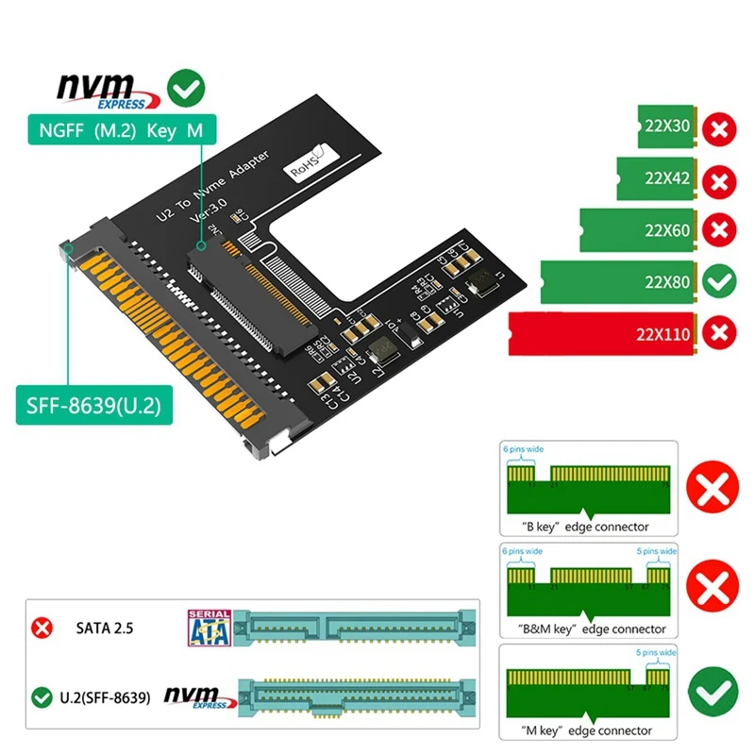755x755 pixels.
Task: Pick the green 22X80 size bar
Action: pos(617,281)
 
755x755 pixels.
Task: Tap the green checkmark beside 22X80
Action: pos(721,281)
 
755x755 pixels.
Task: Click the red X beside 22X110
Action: pos(721,332)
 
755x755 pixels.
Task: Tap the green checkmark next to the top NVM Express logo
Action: pos(185,89)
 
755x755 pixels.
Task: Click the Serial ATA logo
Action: pos(209,627)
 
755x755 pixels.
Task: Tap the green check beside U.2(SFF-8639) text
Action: pos(41,697)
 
